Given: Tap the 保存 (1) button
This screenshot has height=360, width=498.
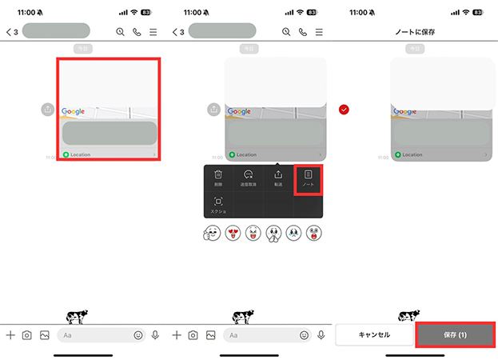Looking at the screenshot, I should pos(454,334).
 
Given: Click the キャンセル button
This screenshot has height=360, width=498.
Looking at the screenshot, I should pos(373,334).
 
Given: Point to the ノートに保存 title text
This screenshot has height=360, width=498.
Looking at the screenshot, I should pos(415,32).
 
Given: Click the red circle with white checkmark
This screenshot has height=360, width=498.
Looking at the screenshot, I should pos(344,110).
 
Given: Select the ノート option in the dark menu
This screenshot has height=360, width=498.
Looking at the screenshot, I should pos(309,178).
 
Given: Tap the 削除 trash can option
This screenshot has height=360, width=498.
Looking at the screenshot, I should pos(218,178).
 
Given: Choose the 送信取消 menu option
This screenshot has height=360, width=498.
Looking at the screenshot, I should pos(248,178).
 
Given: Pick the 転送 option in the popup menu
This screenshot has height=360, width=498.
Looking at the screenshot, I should pos(278,178).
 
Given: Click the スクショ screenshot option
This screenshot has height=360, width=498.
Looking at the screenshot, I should pos(218,205).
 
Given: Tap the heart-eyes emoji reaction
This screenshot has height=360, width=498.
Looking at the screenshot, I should pos(233,234).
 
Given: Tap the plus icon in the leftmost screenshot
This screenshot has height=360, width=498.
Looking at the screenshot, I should pos(10,335).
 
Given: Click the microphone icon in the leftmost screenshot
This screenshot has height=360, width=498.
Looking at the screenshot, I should pos(155,335).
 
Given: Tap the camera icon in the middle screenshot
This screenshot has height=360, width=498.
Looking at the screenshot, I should pos(193,335).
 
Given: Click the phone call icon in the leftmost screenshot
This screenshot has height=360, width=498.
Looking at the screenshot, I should pos(137,32).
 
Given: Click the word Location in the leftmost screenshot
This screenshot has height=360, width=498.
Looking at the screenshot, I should pos(81,154).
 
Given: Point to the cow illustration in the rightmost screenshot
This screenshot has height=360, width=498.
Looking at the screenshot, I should pos(415,315).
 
